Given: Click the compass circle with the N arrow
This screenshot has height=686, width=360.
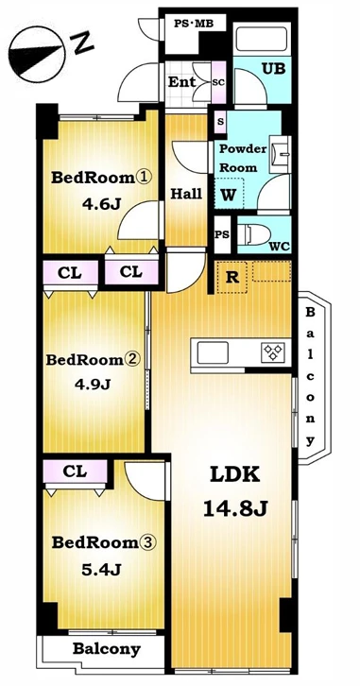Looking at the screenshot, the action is point(37,55).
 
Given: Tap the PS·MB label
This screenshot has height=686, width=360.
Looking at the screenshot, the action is point(194,24).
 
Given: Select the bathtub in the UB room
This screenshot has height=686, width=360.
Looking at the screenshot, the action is point(262,39).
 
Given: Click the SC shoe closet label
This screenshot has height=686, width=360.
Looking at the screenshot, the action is point(218,83).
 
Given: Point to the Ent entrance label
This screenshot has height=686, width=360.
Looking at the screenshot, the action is point(182,82).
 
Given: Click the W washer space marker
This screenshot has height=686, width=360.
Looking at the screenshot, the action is point(228,196).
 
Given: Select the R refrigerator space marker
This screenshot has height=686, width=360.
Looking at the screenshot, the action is point(231,277).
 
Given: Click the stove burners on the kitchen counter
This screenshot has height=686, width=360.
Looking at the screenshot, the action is point(273,352).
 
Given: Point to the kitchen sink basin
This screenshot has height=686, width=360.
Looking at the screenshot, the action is point(213,352).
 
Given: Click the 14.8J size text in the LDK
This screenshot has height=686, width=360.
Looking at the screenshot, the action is point(235,508).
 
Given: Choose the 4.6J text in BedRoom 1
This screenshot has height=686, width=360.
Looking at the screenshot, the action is point(101,204).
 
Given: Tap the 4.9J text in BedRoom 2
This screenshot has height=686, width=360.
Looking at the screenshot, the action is point(93,385).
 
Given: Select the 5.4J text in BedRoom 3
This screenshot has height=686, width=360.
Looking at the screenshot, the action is point(101,569).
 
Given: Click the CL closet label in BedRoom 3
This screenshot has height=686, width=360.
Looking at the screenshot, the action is point(75,472).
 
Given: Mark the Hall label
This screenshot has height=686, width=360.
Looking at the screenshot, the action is point(186,194).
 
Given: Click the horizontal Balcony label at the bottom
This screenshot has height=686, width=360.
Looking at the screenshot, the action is point(107,649).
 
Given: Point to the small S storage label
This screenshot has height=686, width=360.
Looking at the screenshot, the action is point(220,122).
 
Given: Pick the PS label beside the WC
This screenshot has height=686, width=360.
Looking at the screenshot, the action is point(222,235).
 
